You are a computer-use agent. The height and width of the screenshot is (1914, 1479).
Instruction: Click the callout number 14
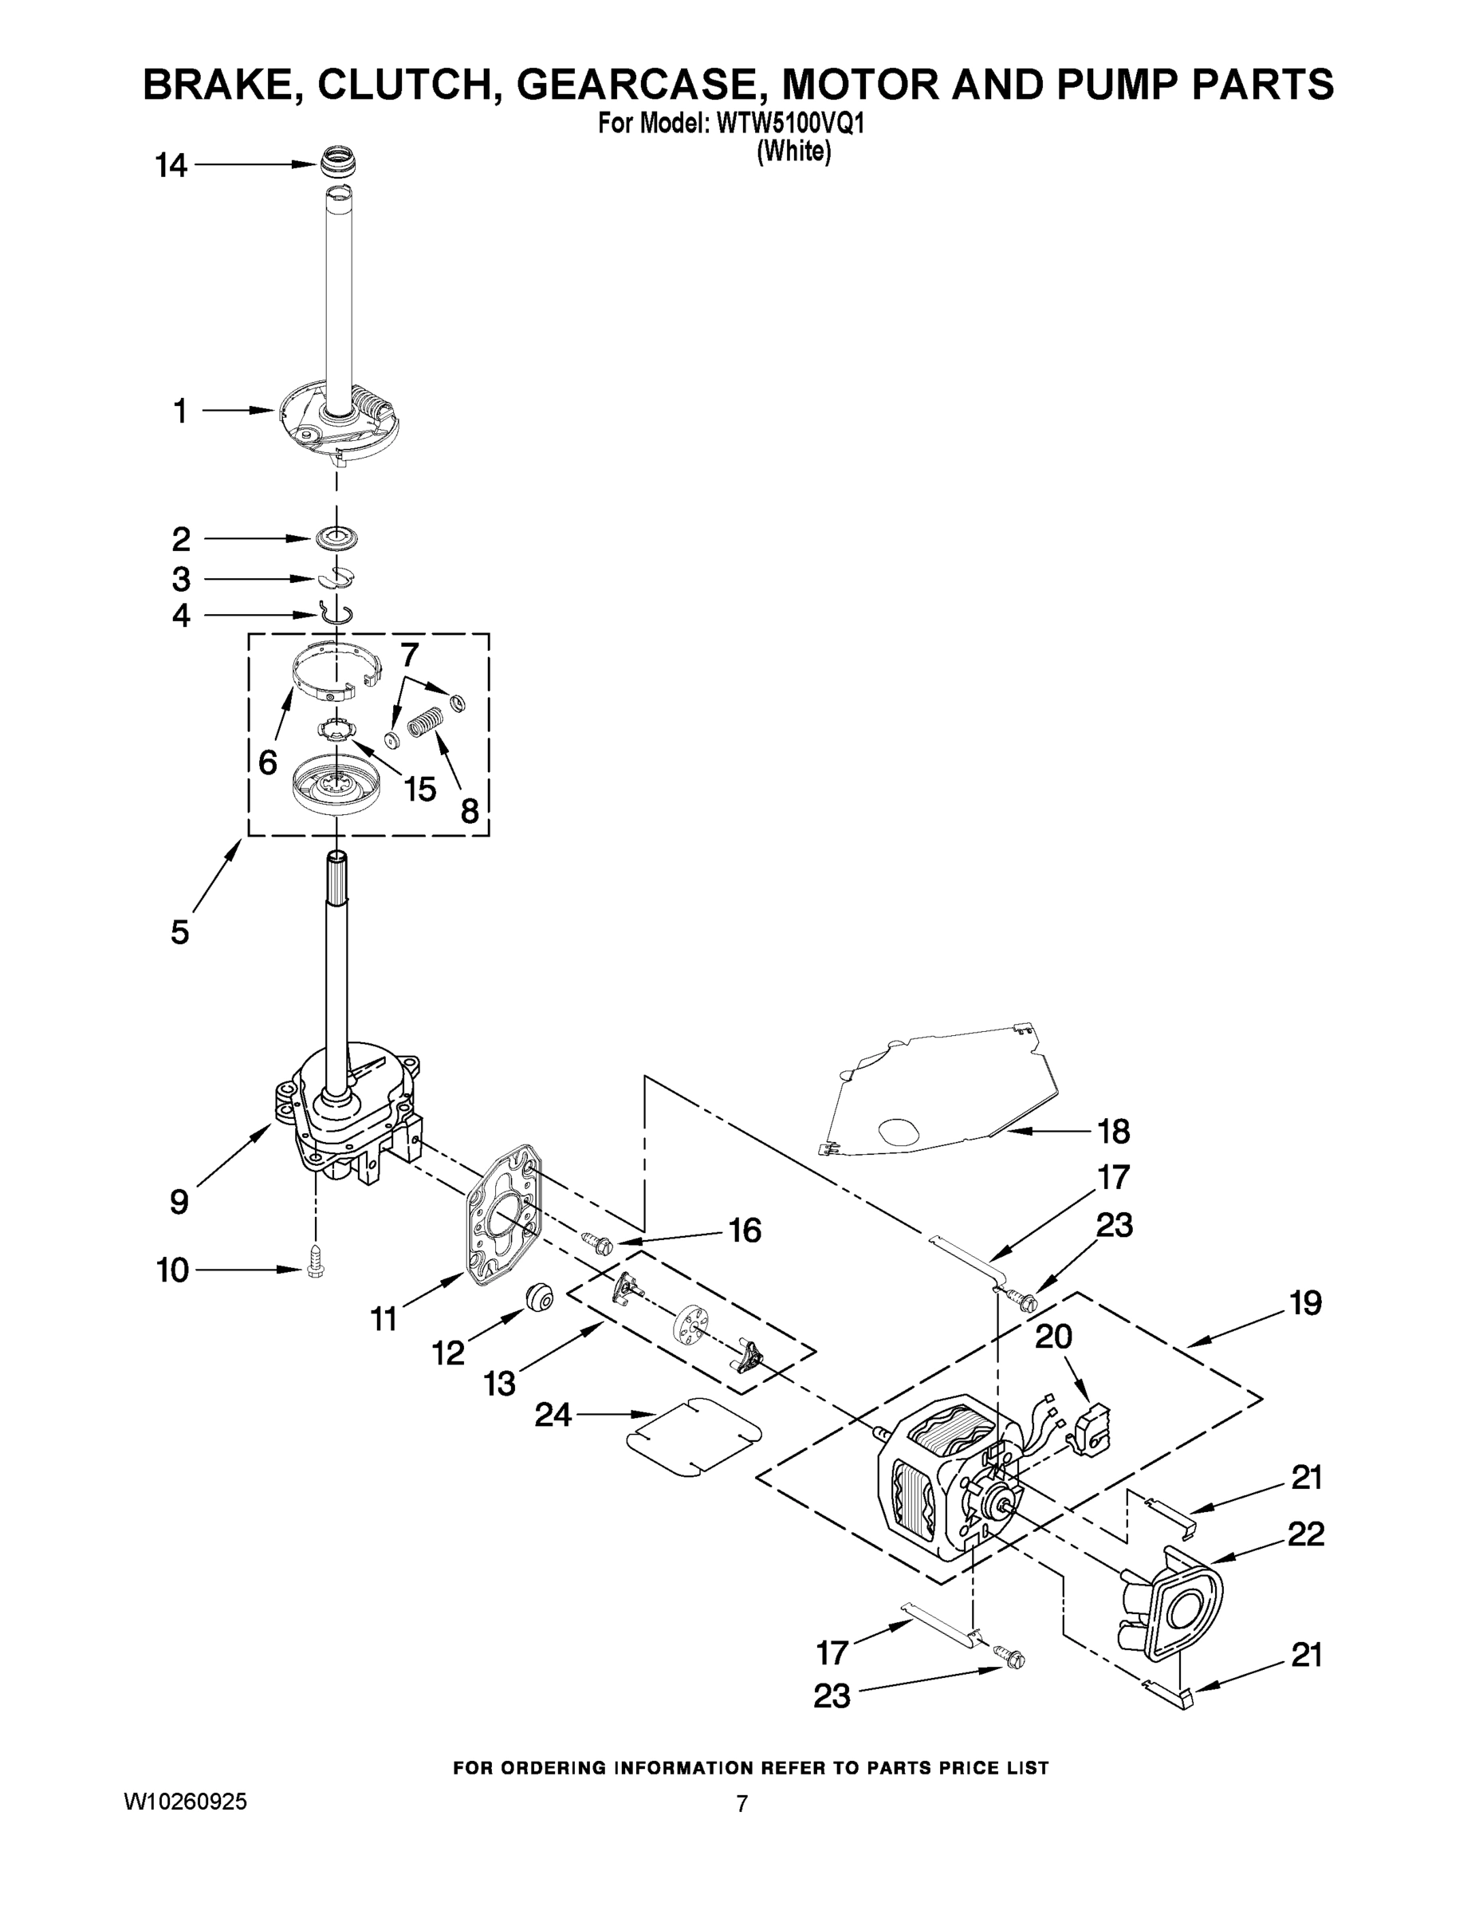point(171,165)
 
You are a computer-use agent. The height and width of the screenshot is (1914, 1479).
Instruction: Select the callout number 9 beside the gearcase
point(179,1202)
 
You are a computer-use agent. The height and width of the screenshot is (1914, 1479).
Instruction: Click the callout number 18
point(1113,1132)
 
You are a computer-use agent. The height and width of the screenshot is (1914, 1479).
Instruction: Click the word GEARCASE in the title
point(643,85)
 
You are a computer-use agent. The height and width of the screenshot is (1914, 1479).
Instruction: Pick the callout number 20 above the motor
point(1053,1337)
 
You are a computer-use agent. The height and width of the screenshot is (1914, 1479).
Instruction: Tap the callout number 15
point(419,789)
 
